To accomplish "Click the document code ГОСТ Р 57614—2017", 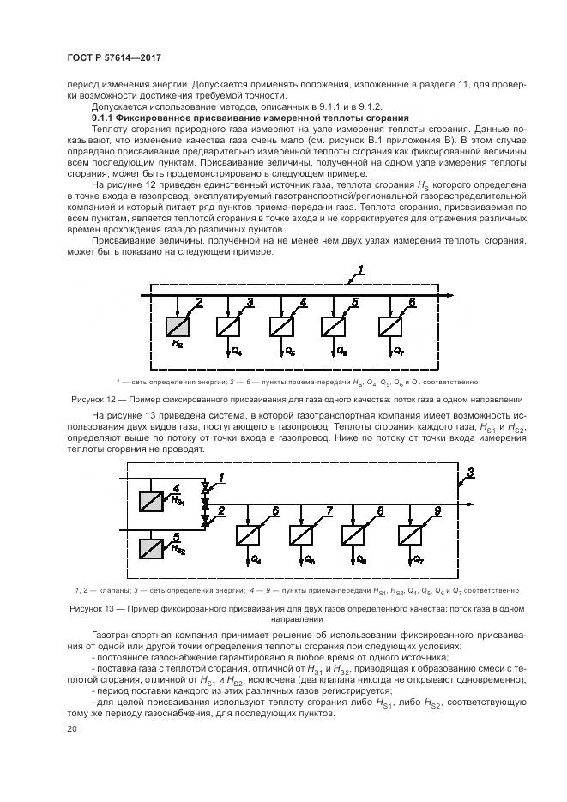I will (114, 57).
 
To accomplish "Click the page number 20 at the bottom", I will (70, 728).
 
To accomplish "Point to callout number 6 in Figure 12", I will (412, 303).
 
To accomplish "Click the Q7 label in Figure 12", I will (397, 352).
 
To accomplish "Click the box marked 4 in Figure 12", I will (282, 326).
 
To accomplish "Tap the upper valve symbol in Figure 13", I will (204, 487).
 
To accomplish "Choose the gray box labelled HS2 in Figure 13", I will (153, 547).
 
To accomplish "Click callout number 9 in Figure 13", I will (437, 511).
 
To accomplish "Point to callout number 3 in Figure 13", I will (470, 473).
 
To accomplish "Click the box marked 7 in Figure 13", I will (301, 534).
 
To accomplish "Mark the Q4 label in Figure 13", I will (256, 560).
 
